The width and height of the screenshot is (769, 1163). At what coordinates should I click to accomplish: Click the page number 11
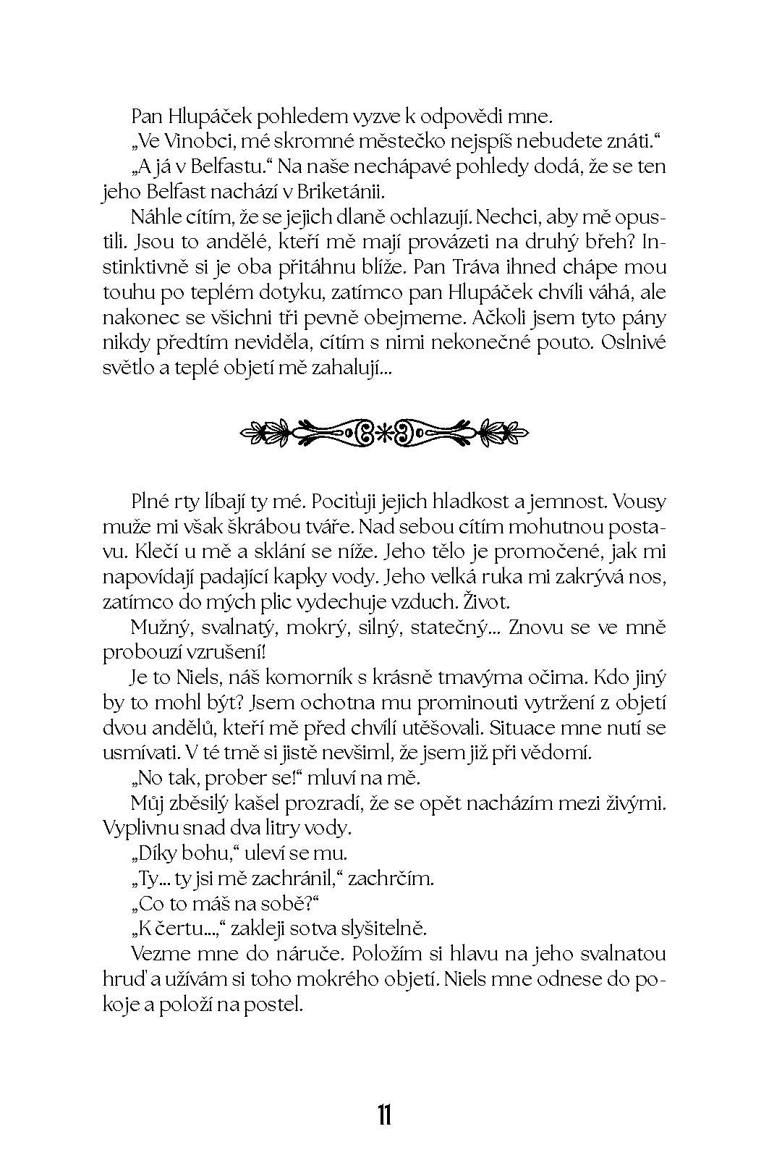(384, 1115)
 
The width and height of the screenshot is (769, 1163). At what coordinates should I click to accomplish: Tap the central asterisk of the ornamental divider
(384, 434)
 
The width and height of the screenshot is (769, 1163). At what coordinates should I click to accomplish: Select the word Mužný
(157, 627)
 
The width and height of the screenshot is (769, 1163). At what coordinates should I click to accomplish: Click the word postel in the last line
(276, 1005)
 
